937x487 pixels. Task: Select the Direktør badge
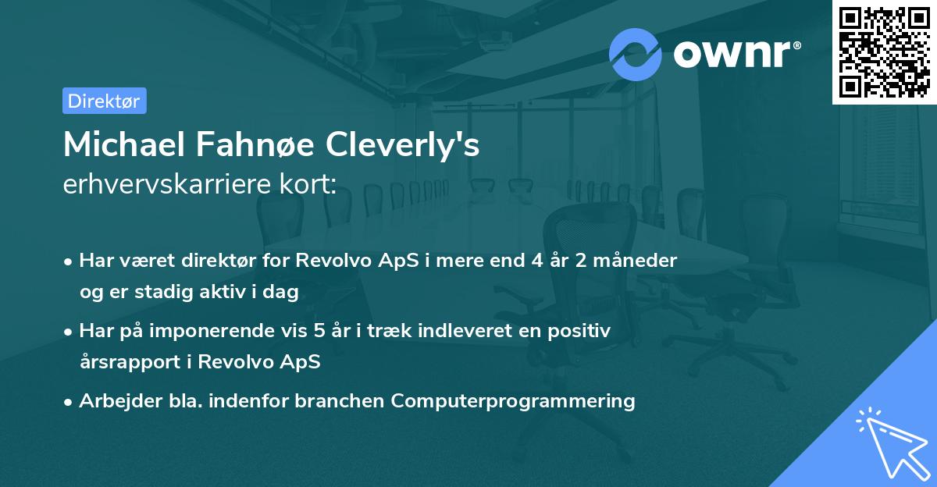104,101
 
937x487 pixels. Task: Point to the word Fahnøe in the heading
237,144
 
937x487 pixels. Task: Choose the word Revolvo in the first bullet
331,260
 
